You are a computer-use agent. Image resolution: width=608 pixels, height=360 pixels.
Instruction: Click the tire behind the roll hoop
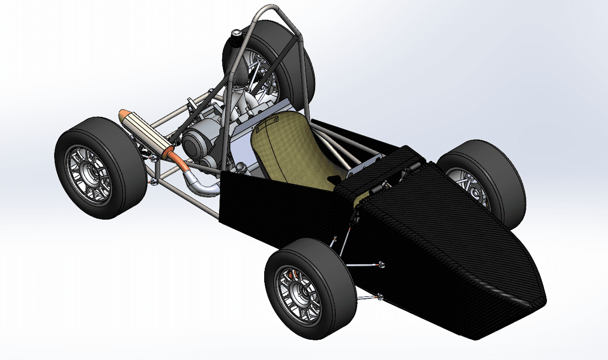[300, 62]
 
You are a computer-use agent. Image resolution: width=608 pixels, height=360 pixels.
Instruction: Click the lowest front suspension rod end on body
[381, 296]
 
